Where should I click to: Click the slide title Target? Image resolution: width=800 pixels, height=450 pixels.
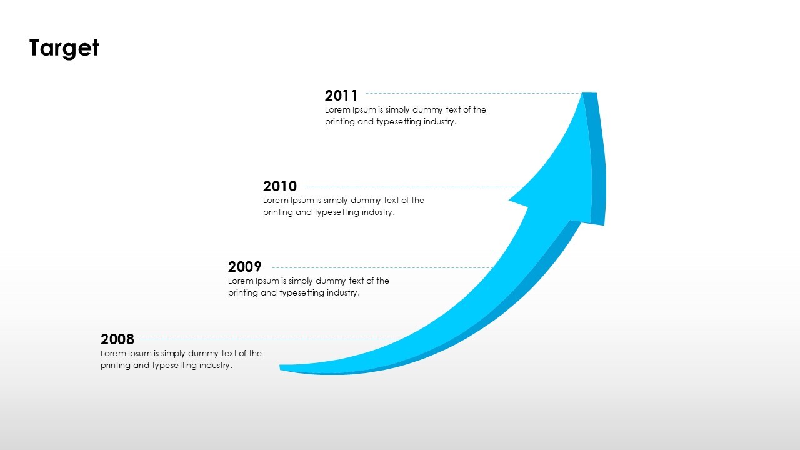point(64,48)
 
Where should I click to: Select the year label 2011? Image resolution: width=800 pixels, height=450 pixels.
point(341,96)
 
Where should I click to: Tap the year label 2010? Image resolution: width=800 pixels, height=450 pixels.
point(280,186)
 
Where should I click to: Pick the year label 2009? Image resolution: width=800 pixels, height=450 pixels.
point(245,267)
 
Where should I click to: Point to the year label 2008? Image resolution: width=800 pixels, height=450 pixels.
point(117,339)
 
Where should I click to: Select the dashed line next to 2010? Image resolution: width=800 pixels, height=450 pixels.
point(412,187)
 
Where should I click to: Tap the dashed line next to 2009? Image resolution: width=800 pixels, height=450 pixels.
point(381,267)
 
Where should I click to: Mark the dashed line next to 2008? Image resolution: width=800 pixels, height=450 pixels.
point(269,339)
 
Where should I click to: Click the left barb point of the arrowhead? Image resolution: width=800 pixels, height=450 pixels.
point(511,201)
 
